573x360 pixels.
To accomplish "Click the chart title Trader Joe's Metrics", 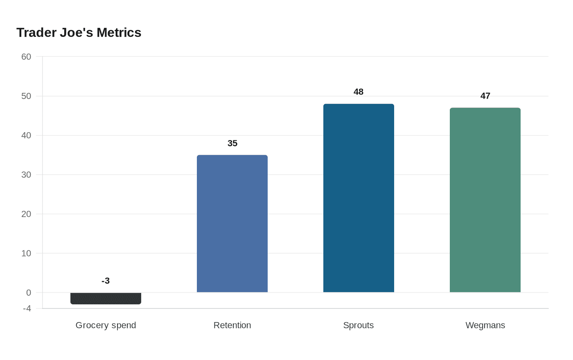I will [79, 33].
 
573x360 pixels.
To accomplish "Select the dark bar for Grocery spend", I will [106, 298].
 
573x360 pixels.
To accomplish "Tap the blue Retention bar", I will [232, 223].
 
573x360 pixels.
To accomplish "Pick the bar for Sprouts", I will [359, 198].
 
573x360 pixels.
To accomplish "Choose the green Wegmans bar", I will [485, 200].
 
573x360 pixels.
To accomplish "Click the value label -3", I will [106, 281].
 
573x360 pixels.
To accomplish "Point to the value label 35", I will [232, 143].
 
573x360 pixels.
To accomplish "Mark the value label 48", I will [359, 92].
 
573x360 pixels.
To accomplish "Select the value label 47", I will [485, 96].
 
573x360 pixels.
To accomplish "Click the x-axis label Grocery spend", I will [106, 325].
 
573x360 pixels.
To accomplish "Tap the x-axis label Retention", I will [232, 325].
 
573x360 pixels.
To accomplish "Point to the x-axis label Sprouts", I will [359, 325].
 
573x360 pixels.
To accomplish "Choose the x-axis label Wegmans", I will [485, 325].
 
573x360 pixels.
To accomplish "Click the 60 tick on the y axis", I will [26, 57].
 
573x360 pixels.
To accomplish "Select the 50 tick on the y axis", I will [26, 96].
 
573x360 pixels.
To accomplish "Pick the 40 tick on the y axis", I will [26, 135].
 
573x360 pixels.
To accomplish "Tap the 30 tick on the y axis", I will [26, 175].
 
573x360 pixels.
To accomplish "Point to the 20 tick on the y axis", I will [26, 214].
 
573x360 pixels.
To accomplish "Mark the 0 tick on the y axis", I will [29, 292].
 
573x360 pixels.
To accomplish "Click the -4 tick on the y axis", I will [27, 308].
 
